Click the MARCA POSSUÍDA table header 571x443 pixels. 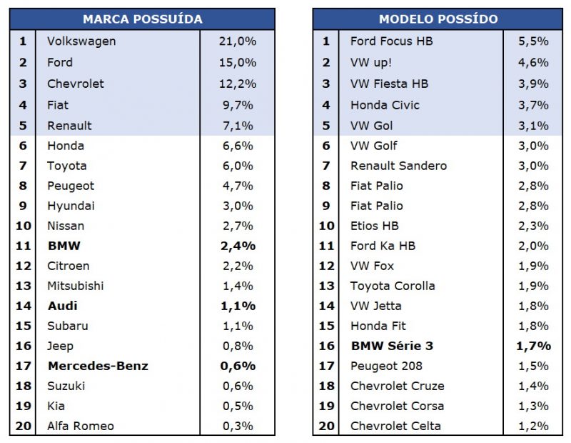[x=142, y=19]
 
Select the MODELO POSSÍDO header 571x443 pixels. [x=438, y=19]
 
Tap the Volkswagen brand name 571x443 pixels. [x=81, y=41]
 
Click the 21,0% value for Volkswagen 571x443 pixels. [x=237, y=41]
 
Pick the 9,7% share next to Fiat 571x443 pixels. [x=237, y=105]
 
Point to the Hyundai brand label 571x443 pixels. [x=71, y=206]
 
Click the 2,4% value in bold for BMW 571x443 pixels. [x=237, y=246]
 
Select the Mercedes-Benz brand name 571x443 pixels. [x=98, y=366]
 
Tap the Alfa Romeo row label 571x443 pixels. [x=80, y=426]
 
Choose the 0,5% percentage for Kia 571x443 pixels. [x=237, y=406]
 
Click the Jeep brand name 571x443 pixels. [x=61, y=346]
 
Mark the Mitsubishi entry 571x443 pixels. [x=75, y=286]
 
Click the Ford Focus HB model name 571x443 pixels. [x=391, y=41]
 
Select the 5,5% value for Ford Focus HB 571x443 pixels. [x=533, y=41]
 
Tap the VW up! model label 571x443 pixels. [x=370, y=62]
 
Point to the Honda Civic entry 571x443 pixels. [x=385, y=105]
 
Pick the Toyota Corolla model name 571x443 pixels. [x=392, y=286]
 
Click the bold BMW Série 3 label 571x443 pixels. [x=392, y=346]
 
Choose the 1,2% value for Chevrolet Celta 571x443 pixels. [x=533, y=426]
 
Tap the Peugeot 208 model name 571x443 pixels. [x=386, y=366]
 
